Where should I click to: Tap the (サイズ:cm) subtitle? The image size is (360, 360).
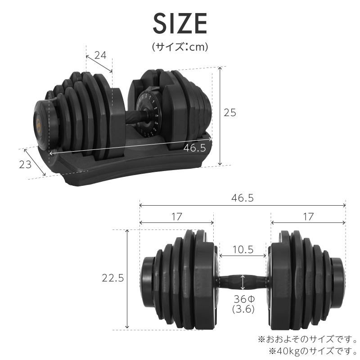click(x=180, y=46)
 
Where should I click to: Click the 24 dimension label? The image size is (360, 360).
click(x=100, y=55)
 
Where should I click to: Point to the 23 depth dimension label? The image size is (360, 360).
click(x=26, y=164)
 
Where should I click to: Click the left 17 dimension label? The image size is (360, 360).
click(x=176, y=216)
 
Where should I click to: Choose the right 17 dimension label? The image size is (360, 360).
click(x=308, y=216)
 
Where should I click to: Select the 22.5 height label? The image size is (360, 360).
click(x=112, y=278)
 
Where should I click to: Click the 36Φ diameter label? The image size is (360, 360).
click(x=243, y=299)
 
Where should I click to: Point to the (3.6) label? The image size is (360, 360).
click(x=243, y=309)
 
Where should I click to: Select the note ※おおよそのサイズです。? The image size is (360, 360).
click(x=307, y=338)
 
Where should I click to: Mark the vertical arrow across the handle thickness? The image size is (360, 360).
click(x=243, y=282)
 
